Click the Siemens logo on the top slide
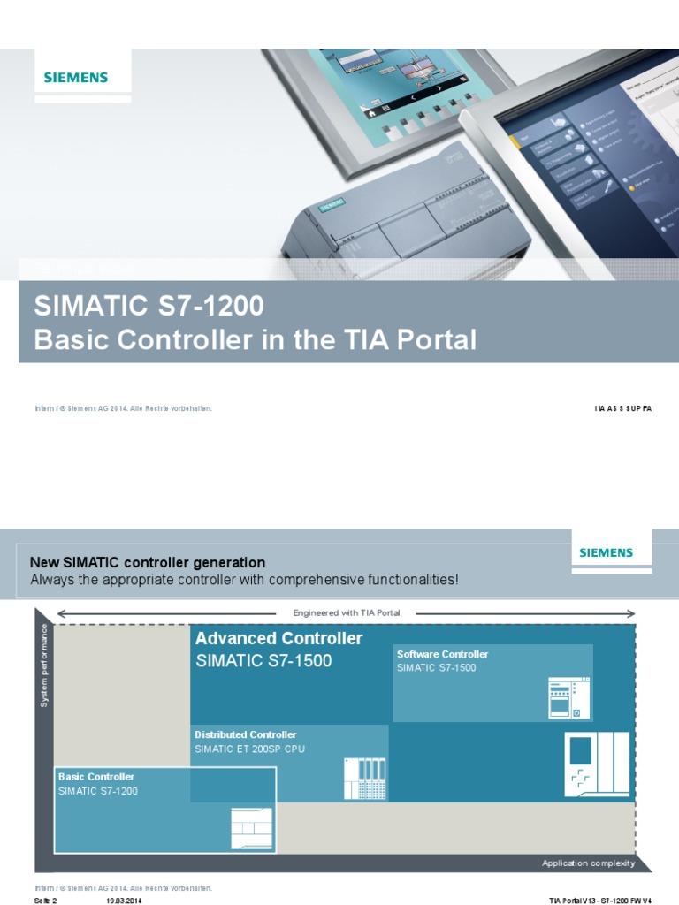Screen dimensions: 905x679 (x=76, y=77)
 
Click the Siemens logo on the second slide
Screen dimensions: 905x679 (x=606, y=552)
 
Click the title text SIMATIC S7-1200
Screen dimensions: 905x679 (x=149, y=307)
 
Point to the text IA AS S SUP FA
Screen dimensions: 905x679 (x=622, y=409)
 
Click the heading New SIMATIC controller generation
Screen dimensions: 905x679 (x=148, y=562)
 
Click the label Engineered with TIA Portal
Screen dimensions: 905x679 (x=346, y=612)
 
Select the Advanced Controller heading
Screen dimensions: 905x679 (x=278, y=638)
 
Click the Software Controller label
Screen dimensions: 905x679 (x=442, y=654)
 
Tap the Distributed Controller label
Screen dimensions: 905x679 (x=246, y=734)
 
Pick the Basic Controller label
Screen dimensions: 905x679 (x=96, y=777)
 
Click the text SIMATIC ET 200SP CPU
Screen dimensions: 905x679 (x=249, y=749)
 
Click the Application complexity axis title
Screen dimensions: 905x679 (x=588, y=863)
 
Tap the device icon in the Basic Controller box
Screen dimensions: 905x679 (x=253, y=828)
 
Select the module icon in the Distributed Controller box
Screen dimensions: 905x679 (x=365, y=779)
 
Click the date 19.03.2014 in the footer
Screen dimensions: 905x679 (x=124, y=901)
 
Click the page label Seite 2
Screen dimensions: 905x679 (x=45, y=901)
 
